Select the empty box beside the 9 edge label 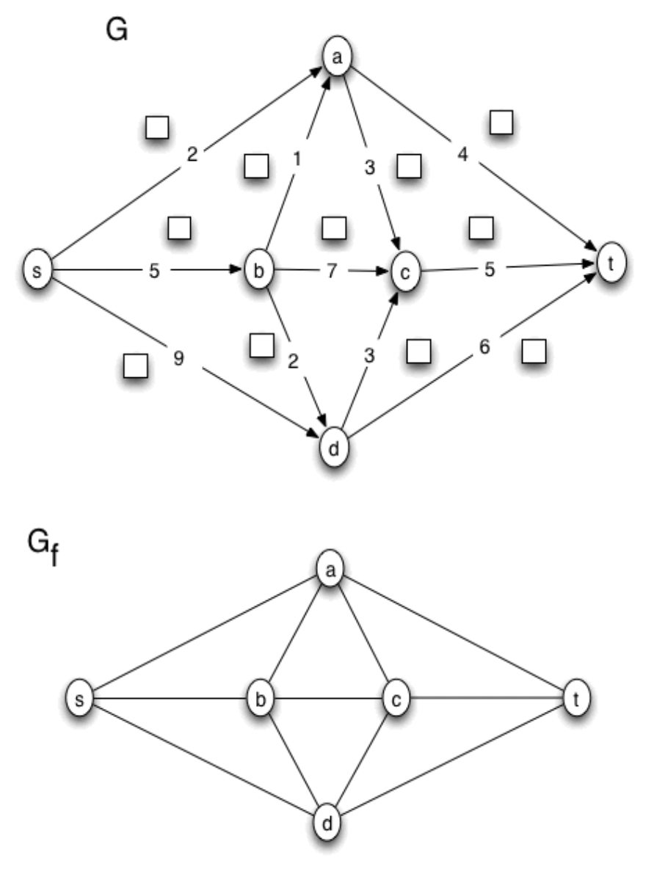(x=135, y=365)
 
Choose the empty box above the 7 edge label (x=334, y=228)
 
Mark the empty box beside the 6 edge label (x=534, y=352)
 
